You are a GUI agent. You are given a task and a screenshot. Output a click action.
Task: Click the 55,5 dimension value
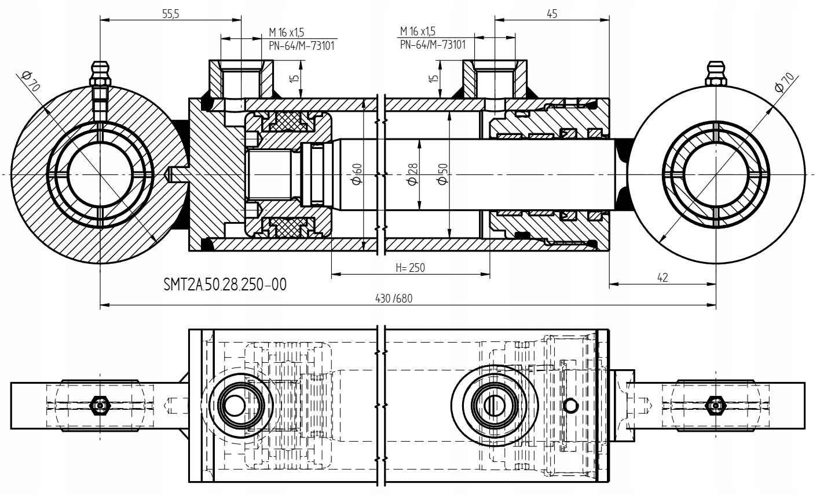(x=170, y=14)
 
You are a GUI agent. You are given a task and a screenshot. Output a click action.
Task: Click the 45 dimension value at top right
(x=551, y=14)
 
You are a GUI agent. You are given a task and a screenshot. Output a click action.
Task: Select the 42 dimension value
(x=662, y=278)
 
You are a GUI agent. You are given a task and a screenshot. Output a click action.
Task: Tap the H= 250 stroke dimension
(x=410, y=268)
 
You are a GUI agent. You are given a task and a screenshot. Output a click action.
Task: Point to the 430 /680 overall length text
(x=394, y=298)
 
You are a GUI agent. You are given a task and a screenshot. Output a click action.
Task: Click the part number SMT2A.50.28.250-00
(x=225, y=285)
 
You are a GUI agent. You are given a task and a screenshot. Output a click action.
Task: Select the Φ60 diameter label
(x=357, y=174)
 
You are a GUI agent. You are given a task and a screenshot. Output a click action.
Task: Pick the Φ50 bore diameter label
(x=443, y=174)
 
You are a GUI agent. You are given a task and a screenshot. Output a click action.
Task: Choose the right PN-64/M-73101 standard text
(x=433, y=45)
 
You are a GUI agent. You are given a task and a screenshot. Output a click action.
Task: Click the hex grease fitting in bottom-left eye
(x=100, y=405)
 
